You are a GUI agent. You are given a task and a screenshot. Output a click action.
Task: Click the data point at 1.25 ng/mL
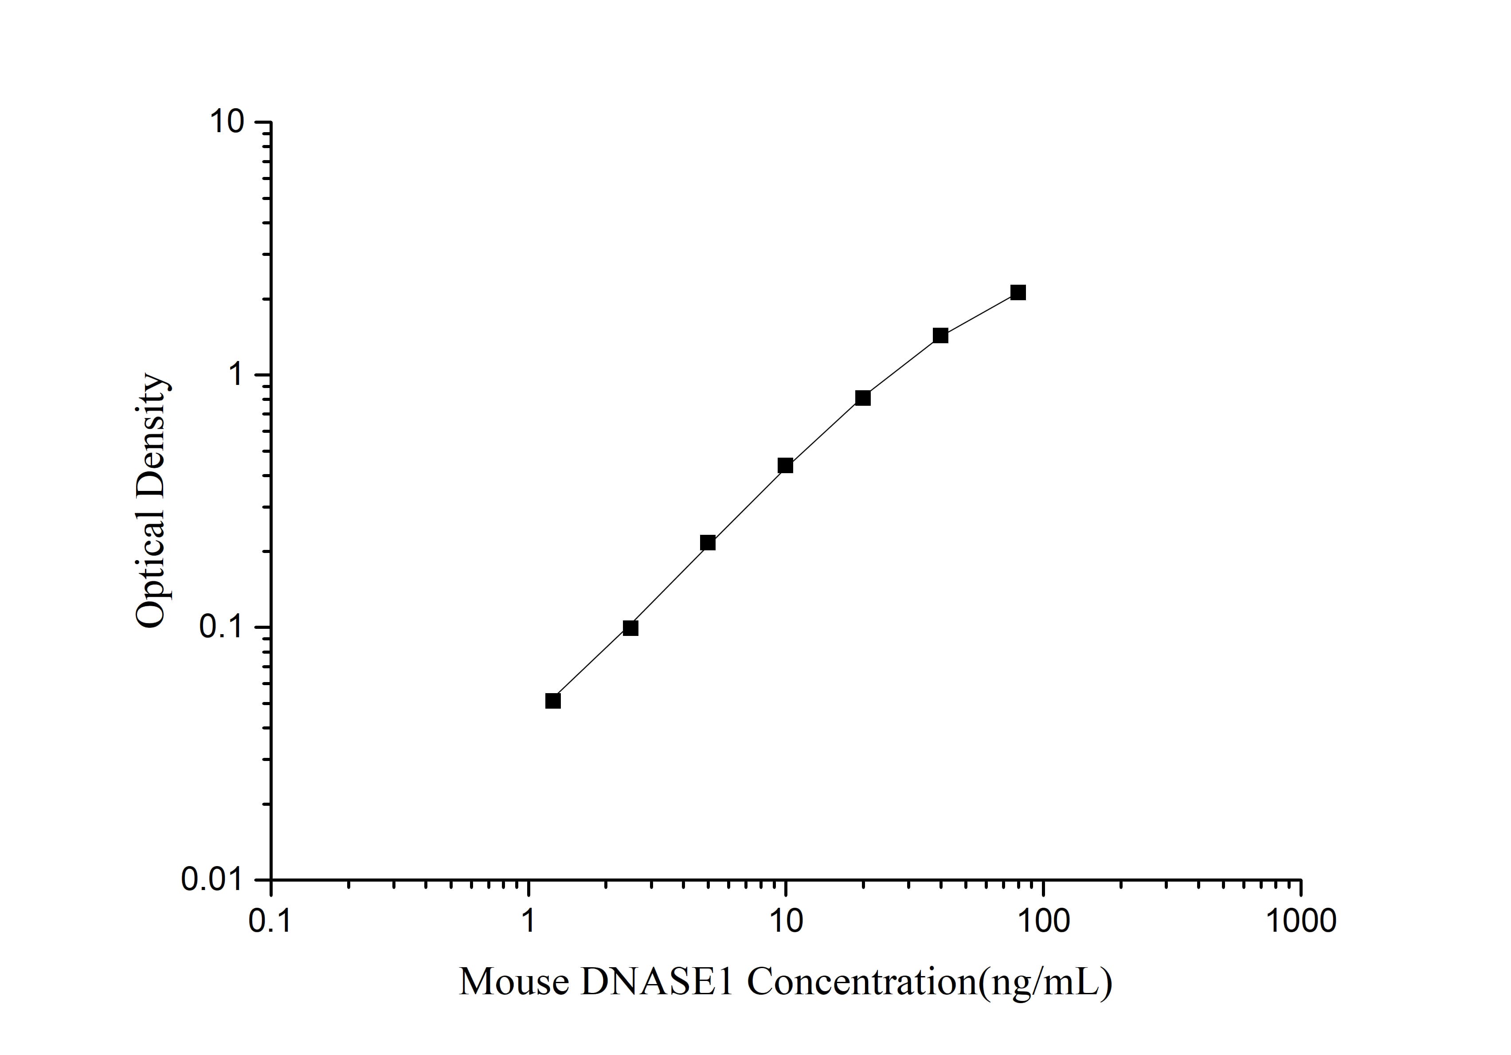click(553, 701)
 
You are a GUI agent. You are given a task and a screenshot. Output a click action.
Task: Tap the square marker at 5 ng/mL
click(708, 543)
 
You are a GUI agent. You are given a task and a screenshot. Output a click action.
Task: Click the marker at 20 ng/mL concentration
click(863, 398)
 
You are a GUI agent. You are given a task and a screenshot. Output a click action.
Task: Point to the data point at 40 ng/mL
click(940, 336)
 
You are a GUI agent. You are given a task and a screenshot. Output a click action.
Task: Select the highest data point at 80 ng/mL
click(1018, 292)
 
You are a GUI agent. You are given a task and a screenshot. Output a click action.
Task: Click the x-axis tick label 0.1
click(270, 922)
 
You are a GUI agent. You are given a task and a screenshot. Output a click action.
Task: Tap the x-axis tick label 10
click(785, 922)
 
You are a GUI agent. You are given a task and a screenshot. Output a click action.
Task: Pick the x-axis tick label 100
click(1043, 922)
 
